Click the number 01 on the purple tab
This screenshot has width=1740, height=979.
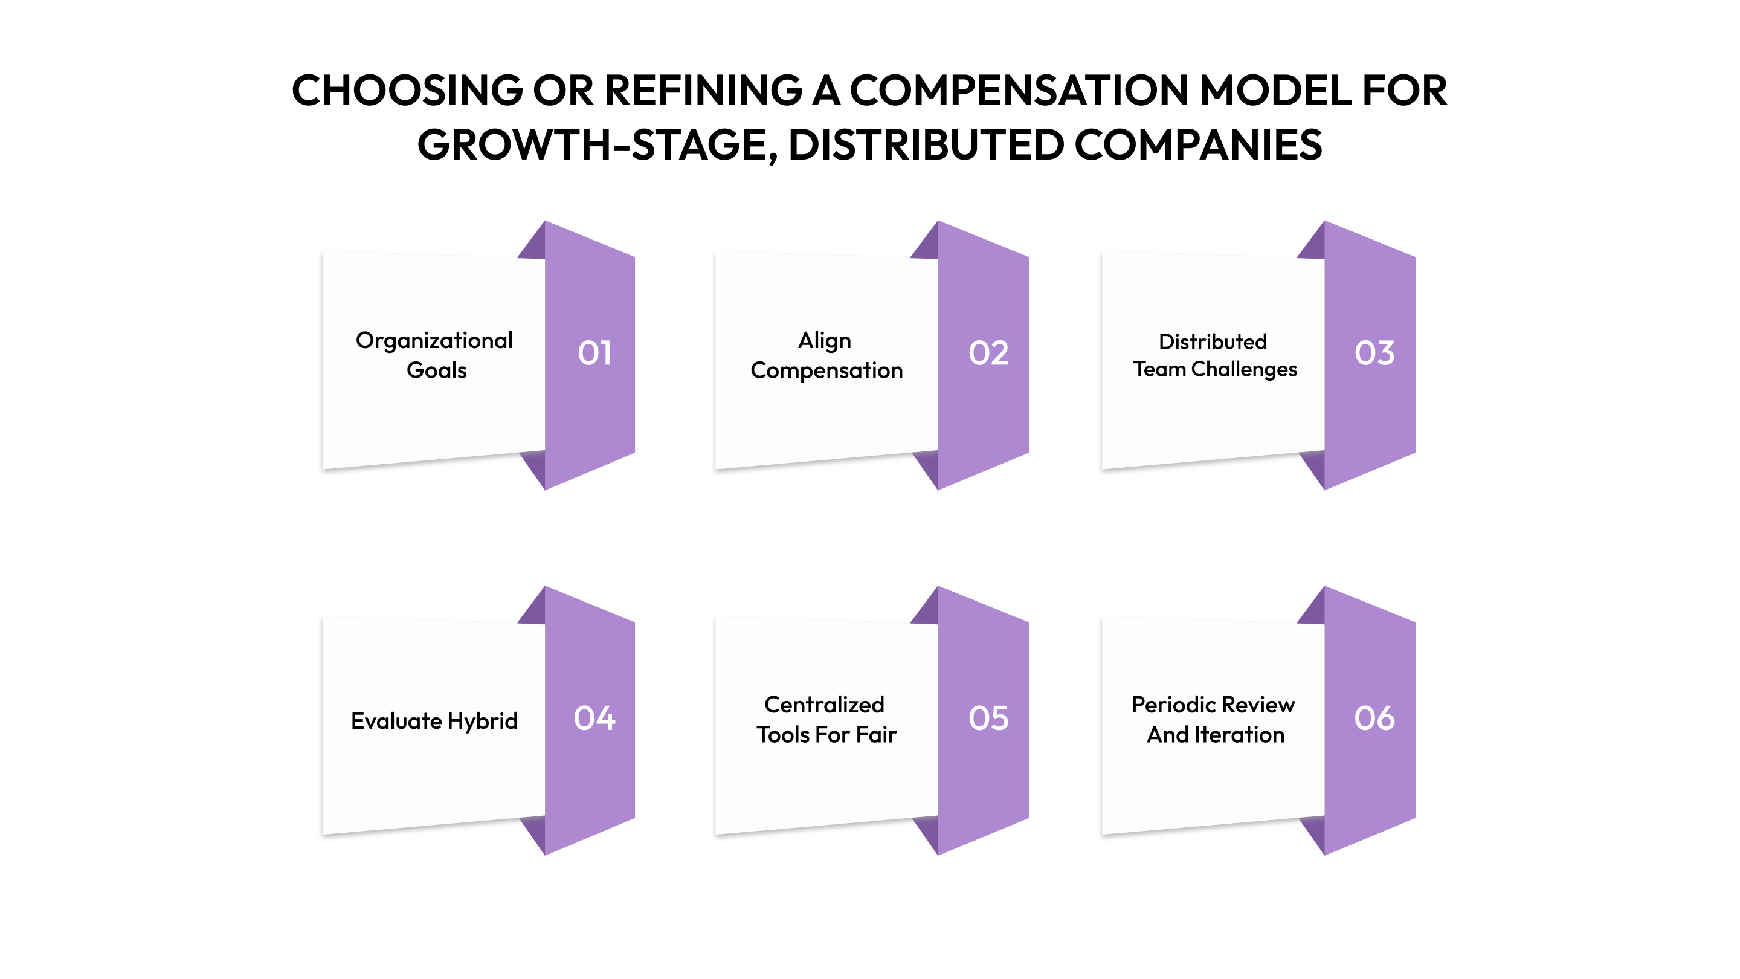point(594,353)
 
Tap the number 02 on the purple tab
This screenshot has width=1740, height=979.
point(988,353)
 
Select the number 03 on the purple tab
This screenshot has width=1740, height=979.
point(1374,353)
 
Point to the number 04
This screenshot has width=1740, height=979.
point(594,717)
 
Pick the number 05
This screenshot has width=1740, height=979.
point(988,717)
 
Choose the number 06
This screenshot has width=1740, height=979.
point(1374,717)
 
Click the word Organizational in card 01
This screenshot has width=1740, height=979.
point(434,340)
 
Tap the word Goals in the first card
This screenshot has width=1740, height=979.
point(436,370)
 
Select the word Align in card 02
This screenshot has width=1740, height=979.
point(824,340)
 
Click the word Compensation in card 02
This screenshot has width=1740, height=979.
point(826,370)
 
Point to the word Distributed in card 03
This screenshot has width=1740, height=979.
point(1213,341)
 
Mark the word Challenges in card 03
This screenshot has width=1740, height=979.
point(1243,370)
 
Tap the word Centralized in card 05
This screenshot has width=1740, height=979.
point(824,705)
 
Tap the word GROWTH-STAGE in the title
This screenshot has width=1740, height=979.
point(597,144)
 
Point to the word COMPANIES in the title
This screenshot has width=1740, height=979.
point(1197,144)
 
